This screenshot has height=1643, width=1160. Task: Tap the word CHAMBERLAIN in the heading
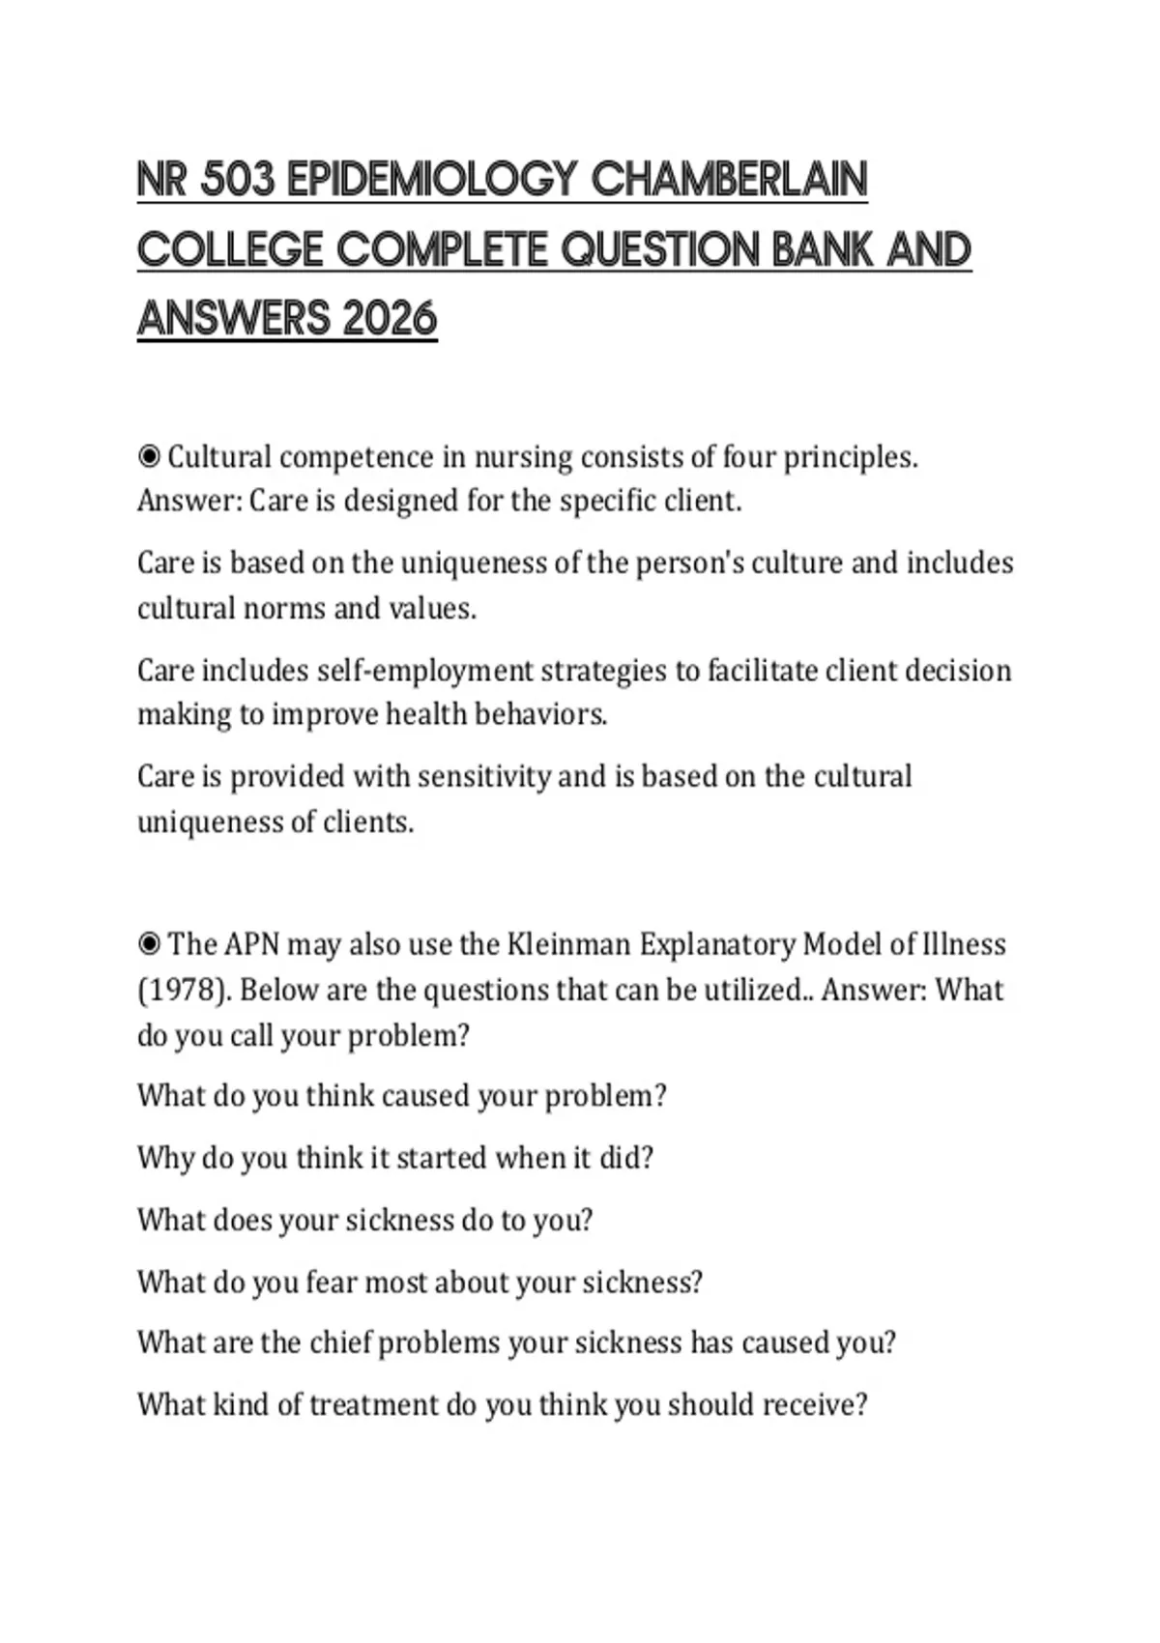[x=729, y=181]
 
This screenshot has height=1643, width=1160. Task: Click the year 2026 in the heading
[x=390, y=320]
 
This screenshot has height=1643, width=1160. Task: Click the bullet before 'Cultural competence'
[x=149, y=456]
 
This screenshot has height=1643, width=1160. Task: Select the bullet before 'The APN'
[x=149, y=943]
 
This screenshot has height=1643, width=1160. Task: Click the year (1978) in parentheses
[x=183, y=990]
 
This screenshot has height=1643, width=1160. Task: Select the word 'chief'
[x=339, y=1342]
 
